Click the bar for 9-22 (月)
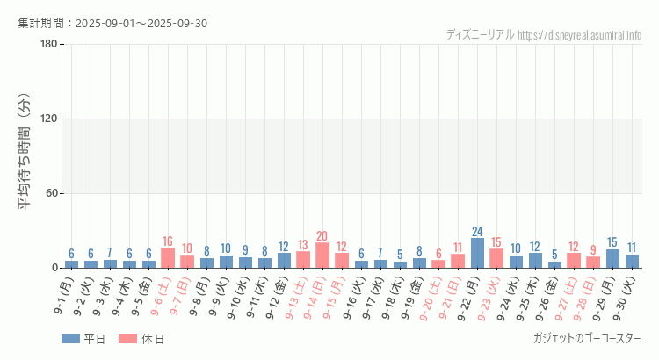(477, 253)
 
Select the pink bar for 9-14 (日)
(322, 256)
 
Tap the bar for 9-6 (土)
(168, 258)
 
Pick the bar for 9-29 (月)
(612, 259)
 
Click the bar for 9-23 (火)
(496, 259)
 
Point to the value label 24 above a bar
(477, 232)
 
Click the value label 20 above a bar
(322, 236)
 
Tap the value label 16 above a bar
(168, 241)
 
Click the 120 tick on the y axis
(48, 119)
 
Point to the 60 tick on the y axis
(51, 194)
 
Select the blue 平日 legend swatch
(71, 339)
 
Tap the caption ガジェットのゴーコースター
(587, 339)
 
